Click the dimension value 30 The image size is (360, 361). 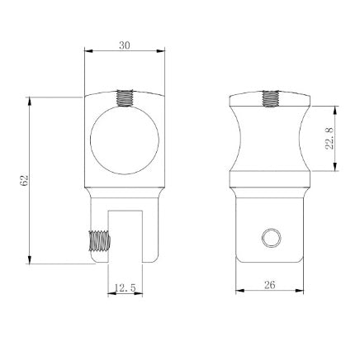[x=124, y=45]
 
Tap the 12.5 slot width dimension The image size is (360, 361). [x=126, y=287]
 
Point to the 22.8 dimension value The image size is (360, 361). [x=329, y=138]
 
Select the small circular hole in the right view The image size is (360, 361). [x=269, y=239]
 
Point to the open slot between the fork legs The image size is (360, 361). [x=126, y=235]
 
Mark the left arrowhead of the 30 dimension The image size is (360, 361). [x=88, y=52]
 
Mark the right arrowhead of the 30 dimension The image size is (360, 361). [x=161, y=52]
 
